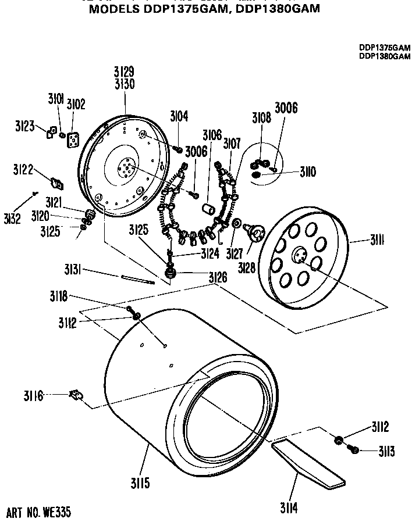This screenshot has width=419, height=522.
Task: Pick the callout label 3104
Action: click(x=179, y=116)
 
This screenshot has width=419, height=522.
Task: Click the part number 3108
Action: click(x=261, y=118)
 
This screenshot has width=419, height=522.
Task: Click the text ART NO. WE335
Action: click(x=40, y=513)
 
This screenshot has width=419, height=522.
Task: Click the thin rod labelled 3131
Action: click(x=138, y=280)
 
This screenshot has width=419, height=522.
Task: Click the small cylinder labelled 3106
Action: click(x=210, y=208)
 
